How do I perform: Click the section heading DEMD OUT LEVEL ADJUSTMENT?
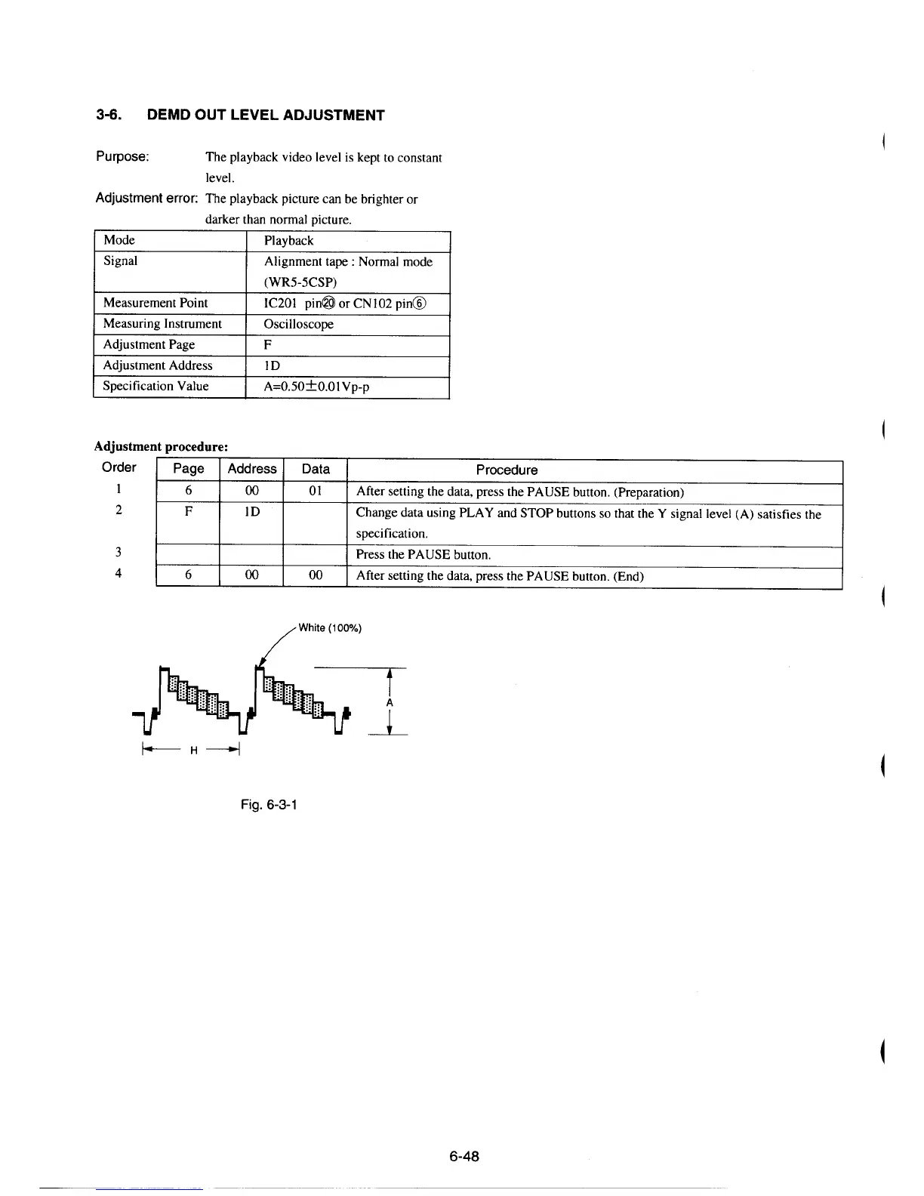266,116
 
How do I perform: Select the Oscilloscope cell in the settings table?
298,324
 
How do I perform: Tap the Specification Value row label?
156,386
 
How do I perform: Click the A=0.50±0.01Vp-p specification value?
316,387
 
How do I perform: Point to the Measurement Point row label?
156,303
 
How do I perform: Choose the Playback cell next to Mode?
288,241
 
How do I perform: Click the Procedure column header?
507,470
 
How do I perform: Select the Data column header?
316,469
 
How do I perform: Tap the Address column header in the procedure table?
252,469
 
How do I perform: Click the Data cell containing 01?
316,491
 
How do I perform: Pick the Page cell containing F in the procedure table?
189,511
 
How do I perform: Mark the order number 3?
119,551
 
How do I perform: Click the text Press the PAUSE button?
423,554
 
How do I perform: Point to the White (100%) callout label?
330,627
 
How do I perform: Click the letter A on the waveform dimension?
389,702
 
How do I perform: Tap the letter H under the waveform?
193,751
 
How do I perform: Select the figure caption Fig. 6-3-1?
269,804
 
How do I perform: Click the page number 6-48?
464,1156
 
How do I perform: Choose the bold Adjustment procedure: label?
161,446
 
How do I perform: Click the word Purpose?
122,157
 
